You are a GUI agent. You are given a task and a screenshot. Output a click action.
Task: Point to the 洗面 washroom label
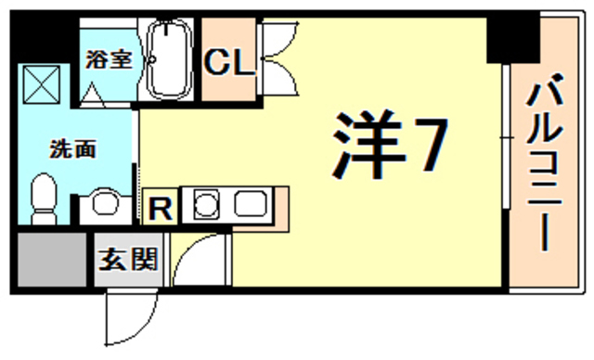tap(73, 148)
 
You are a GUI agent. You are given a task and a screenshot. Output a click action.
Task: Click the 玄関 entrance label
tap(129, 258)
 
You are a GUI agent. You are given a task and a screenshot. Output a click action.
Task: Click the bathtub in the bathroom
tap(169, 61)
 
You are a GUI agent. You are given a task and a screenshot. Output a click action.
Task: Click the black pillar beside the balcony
tap(512, 37)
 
